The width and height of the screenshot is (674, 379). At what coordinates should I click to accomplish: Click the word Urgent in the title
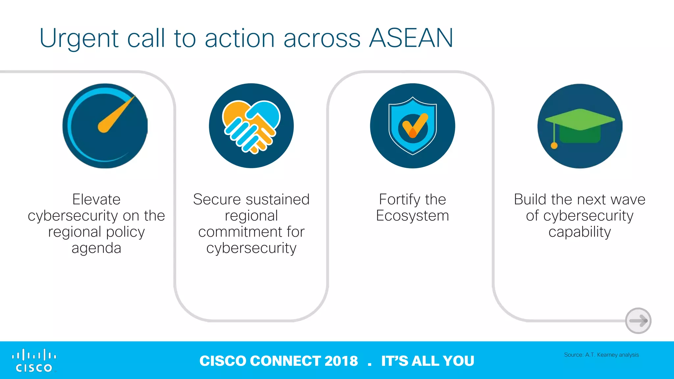[x=79, y=39]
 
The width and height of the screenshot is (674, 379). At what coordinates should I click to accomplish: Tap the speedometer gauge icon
[x=105, y=126]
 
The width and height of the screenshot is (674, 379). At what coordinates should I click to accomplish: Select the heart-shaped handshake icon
[x=251, y=126]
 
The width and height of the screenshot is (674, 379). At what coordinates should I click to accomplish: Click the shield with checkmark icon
[x=413, y=126]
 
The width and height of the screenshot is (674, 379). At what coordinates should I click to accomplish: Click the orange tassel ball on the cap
[x=554, y=145]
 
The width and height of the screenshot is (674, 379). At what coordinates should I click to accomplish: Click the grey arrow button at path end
[x=638, y=321]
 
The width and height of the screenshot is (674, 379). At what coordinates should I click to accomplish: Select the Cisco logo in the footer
[x=34, y=361]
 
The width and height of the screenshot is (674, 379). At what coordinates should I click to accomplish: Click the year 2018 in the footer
[x=341, y=361]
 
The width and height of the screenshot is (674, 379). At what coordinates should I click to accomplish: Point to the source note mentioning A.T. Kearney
[x=601, y=355]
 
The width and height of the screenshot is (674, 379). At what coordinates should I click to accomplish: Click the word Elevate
[x=96, y=199]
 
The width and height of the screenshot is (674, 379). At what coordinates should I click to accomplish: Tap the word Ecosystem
[x=412, y=216]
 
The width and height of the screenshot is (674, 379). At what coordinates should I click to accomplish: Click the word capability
[x=580, y=232]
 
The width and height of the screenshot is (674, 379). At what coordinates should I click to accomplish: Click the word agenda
[x=96, y=248]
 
